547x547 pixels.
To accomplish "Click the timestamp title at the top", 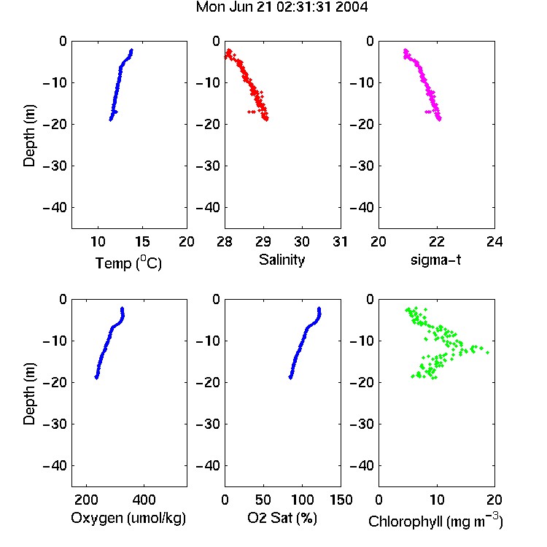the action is tap(282, 7).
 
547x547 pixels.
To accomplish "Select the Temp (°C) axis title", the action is tap(128, 263).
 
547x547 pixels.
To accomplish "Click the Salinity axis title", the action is tap(282, 260).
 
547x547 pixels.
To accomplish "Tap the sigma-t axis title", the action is tap(435, 260).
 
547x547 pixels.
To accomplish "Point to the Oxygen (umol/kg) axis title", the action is tap(128, 518).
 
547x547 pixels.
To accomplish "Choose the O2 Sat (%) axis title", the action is tap(282, 518).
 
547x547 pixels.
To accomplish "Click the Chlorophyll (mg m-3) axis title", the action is tap(435, 521).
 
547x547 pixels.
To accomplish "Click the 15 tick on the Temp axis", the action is tap(142, 241).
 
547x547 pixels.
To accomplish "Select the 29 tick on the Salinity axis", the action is tap(263, 241).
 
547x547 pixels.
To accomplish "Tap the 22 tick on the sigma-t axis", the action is tap(436, 241).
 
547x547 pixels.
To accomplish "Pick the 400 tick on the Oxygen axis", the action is tap(144, 500).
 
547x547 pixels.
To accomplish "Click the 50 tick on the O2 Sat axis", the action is tap(263, 500).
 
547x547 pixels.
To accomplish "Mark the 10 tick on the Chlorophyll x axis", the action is tap(436, 500).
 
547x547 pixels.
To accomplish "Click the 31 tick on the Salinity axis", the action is tap(340, 241).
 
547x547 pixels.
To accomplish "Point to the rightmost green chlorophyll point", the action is tap(487, 353).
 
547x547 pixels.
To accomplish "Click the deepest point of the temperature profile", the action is tap(111, 120).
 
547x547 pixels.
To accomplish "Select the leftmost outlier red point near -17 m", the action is tap(249, 112).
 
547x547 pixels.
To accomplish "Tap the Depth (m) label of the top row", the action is tap(29, 136).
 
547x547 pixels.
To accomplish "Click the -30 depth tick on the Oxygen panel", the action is tap(55, 424).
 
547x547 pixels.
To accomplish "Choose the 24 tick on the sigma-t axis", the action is tap(494, 241).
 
